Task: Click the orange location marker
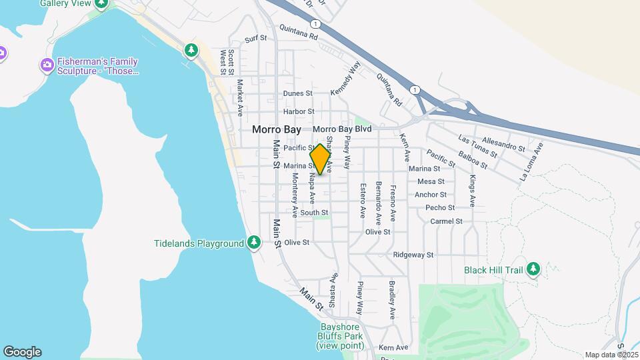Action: coord(321,159)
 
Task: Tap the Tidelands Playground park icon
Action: coord(253,243)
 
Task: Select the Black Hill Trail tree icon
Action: coord(533,269)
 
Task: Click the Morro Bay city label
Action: coord(277,129)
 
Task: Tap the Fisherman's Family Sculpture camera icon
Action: coord(47,65)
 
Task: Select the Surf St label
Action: coord(255,39)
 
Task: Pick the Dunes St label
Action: coord(297,93)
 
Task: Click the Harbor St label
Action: coord(298,111)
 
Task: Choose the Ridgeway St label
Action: coord(413,255)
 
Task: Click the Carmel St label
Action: coord(446,221)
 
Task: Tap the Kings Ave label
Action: coord(473,190)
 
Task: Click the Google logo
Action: coord(22,352)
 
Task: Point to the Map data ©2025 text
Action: coord(611,355)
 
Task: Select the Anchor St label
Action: coord(430,195)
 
